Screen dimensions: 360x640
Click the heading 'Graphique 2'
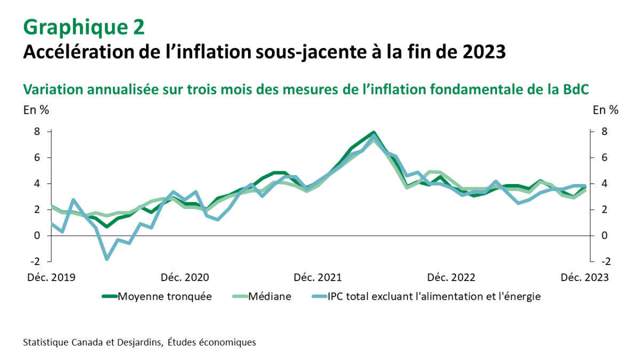(83, 27)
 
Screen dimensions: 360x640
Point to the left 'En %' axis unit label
(36, 110)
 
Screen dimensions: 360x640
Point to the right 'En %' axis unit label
(606, 110)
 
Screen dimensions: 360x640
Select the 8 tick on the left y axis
(37, 131)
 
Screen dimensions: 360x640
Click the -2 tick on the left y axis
(35, 261)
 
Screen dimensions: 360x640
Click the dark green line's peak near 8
(373, 132)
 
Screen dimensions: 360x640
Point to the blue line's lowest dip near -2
(107, 259)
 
